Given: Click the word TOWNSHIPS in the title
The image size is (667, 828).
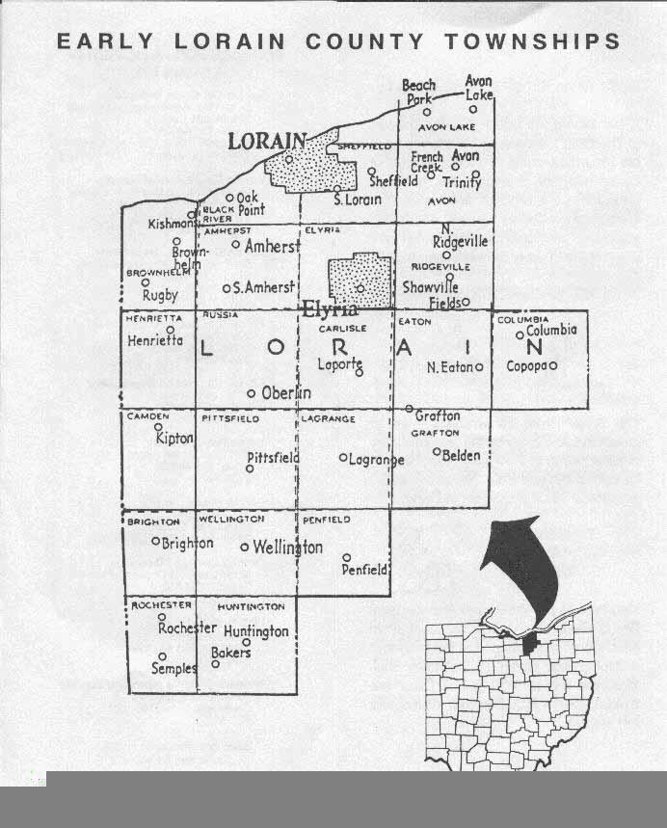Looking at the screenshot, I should tap(533, 41).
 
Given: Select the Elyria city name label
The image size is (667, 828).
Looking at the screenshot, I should tap(330, 309).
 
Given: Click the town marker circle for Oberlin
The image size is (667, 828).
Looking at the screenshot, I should tap(252, 393).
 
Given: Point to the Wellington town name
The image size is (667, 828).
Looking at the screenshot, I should tap(287, 548).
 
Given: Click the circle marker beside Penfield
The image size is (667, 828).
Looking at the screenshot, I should tap(347, 557).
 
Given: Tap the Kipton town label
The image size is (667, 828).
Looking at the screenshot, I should tap(174, 439).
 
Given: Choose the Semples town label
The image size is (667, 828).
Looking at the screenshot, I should tap(173, 668).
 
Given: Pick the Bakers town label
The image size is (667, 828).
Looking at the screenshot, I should tap(230, 653).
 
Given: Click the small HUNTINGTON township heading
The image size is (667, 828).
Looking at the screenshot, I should tap(251, 607).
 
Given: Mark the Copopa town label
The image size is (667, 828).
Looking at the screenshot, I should tap(526, 366).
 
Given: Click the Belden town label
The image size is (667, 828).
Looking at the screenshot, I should tap(461, 455).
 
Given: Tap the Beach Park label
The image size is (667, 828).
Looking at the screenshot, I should tap(419, 92).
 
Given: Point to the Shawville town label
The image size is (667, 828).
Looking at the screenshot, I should tap(431, 287).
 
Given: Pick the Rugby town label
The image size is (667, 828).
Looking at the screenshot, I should tap(160, 296).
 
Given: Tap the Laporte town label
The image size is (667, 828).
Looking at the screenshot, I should tap(339, 363).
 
